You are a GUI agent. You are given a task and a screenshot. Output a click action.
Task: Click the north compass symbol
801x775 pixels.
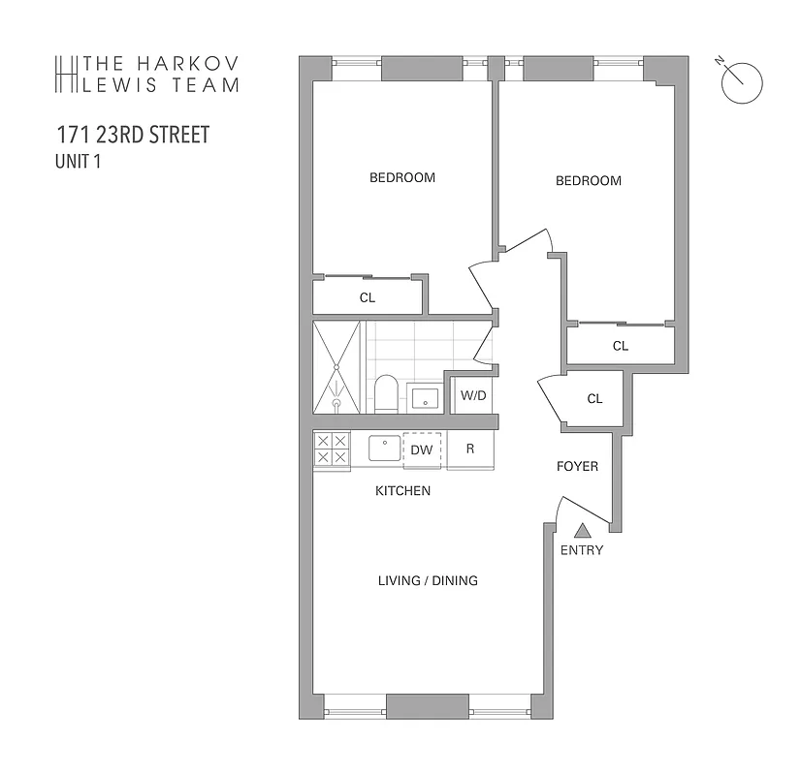click(742, 81)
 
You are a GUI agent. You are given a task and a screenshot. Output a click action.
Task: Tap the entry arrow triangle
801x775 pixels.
click(582, 530)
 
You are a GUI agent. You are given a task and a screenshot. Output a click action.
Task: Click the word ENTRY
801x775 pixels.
click(582, 550)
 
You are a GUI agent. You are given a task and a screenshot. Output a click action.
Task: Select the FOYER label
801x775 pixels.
click(577, 466)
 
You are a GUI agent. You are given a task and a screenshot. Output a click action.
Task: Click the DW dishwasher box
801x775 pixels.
click(422, 449)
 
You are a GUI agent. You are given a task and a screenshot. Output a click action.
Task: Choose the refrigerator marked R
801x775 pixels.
click(469, 449)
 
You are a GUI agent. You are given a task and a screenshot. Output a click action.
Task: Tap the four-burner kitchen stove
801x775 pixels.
click(332, 449)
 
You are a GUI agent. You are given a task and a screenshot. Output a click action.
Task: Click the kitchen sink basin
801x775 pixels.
click(384, 449)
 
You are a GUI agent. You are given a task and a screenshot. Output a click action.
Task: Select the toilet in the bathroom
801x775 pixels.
click(386, 392)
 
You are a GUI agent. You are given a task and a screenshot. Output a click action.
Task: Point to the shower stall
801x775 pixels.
click(336, 367)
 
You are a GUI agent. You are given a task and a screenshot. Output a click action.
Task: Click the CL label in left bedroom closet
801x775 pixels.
click(368, 297)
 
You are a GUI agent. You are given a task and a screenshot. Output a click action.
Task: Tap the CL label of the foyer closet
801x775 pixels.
click(594, 399)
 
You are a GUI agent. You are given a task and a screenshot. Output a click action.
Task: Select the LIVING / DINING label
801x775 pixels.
click(428, 581)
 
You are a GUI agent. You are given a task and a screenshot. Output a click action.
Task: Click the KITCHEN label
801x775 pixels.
click(402, 491)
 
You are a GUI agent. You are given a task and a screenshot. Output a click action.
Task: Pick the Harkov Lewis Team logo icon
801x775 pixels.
click(66, 75)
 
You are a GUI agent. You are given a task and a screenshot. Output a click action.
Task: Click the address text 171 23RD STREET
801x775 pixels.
click(132, 135)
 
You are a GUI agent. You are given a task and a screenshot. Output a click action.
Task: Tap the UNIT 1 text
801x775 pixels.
click(79, 162)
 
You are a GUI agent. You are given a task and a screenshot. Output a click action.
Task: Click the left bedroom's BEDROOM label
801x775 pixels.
click(402, 177)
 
